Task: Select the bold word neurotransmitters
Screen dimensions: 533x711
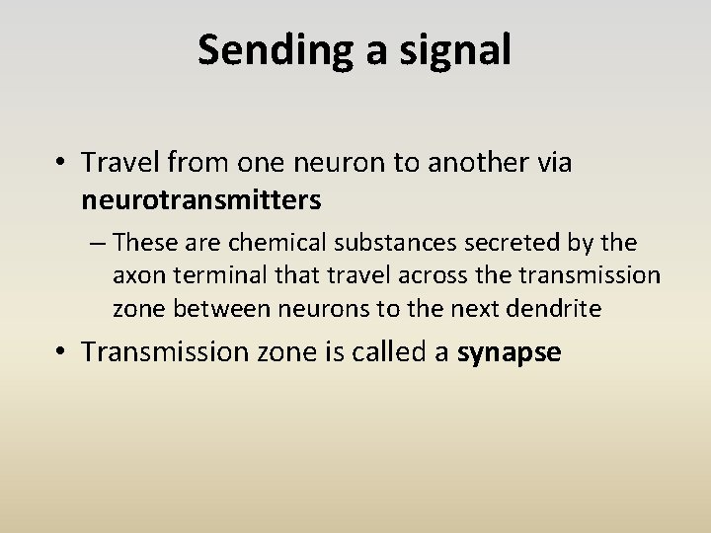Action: pyautogui.click(x=201, y=200)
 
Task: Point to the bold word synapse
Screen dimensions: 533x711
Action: pyautogui.click(x=510, y=353)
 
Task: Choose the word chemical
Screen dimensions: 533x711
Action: pyautogui.click(x=260, y=243)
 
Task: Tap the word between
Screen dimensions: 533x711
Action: pyautogui.click(x=205, y=309)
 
